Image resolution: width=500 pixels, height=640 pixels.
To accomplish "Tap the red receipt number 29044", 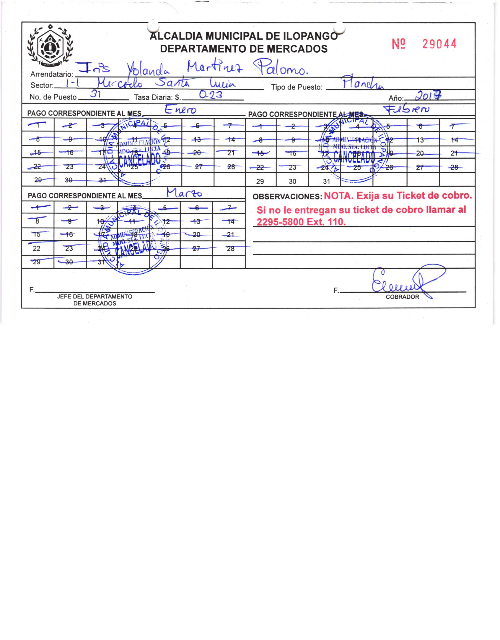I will click(x=439, y=44).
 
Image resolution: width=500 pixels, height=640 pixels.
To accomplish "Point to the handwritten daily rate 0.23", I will click(x=211, y=95).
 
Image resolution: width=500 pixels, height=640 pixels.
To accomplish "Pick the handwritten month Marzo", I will click(x=185, y=193).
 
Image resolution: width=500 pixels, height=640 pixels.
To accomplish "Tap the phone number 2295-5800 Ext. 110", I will click(x=301, y=222).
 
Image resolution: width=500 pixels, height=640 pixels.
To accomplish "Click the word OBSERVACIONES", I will click(x=287, y=197).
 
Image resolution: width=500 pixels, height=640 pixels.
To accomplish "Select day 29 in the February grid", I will click(x=260, y=182).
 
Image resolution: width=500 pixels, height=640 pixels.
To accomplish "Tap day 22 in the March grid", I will click(x=37, y=248).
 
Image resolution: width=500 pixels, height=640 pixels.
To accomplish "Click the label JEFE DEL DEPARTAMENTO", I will click(x=95, y=296).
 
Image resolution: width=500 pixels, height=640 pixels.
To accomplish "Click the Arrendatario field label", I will click(x=51, y=74).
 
